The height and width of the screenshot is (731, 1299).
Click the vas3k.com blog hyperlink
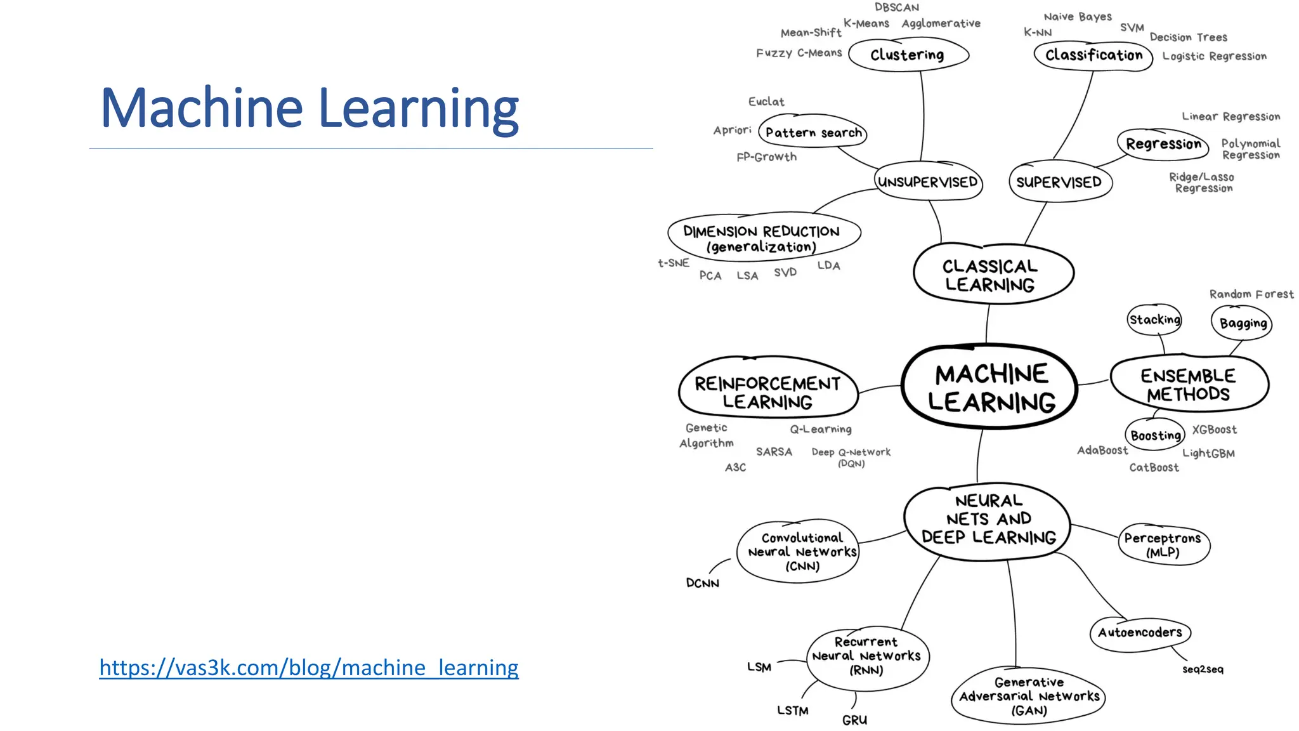click(x=309, y=668)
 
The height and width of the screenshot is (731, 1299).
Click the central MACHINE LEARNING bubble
click(x=990, y=388)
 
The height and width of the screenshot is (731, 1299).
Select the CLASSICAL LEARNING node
click(x=991, y=275)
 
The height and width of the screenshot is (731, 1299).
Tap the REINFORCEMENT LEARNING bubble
click(x=767, y=392)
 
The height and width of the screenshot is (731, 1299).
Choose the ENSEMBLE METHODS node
click(x=1188, y=385)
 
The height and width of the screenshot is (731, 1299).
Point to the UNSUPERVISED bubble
click(x=927, y=182)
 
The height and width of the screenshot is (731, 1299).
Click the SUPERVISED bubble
click(x=1059, y=182)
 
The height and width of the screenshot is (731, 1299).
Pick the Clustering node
click(x=908, y=55)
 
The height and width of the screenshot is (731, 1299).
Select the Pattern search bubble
click(x=813, y=133)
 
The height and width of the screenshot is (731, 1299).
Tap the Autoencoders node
click(x=1140, y=633)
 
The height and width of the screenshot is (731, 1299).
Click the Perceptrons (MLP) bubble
click(x=1163, y=544)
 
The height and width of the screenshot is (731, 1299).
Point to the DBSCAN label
click(x=896, y=8)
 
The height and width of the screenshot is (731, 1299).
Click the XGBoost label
click(x=1214, y=430)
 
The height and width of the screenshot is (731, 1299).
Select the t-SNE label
click(x=674, y=263)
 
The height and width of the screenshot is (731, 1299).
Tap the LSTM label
click(x=793, y=711)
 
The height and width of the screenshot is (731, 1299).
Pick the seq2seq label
click(x=1203, y=669)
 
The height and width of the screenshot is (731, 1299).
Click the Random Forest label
click(x=1251, y=294)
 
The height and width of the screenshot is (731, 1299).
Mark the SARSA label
click(x=774, y=452)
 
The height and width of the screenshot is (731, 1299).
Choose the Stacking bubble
click(x=1154, y=320)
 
